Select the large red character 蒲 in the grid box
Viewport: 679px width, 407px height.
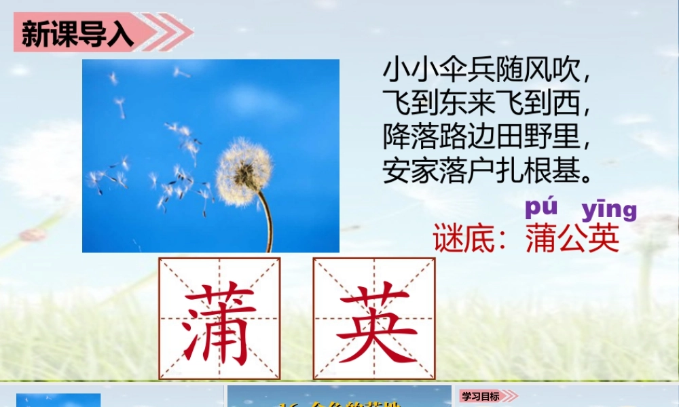(x=219, y=319)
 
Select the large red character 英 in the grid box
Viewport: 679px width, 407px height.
(x=374, y=319)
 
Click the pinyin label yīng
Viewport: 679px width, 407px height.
(x=609, y=209)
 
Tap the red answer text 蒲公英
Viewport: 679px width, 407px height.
(x=572, y=238)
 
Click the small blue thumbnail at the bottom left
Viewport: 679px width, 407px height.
(x=58, y=400)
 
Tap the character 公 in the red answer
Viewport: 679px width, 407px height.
(x=572, y=238)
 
